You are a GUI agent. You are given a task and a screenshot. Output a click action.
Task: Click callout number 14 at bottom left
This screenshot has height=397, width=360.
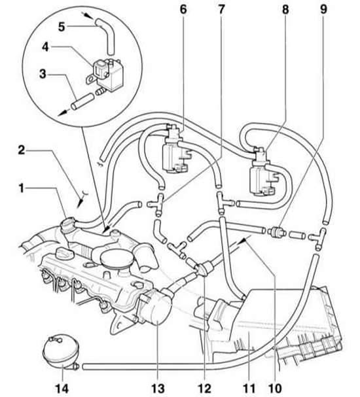tap(62, 388)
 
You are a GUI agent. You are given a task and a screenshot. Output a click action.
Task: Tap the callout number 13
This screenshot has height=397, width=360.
tap(158, 388)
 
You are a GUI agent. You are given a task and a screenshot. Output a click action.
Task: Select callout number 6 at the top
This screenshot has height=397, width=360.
tap(183, 9)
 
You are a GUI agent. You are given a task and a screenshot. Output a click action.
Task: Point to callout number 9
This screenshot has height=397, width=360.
tap(323, 9)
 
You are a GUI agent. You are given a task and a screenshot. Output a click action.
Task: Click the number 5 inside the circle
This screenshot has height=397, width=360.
tap(62, 27)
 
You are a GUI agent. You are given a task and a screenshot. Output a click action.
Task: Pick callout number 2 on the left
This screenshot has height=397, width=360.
tap(22, 150)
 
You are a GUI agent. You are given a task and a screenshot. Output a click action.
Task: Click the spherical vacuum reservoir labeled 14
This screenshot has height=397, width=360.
tap(61, 353)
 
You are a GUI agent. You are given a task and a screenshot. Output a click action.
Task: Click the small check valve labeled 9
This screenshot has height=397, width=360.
tap(277, 232)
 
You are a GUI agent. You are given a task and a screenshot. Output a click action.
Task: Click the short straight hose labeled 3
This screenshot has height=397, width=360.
tap(82, 101)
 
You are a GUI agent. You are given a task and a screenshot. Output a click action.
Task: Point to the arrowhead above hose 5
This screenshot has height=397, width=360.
tap(88, 16)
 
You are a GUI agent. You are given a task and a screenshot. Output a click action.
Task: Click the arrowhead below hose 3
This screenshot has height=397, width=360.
tap(63, 112)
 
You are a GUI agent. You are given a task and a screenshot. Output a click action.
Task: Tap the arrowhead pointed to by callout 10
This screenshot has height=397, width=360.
tap(242, 240)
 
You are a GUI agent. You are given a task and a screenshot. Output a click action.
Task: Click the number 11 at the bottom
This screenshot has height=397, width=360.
tap(249, 388)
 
